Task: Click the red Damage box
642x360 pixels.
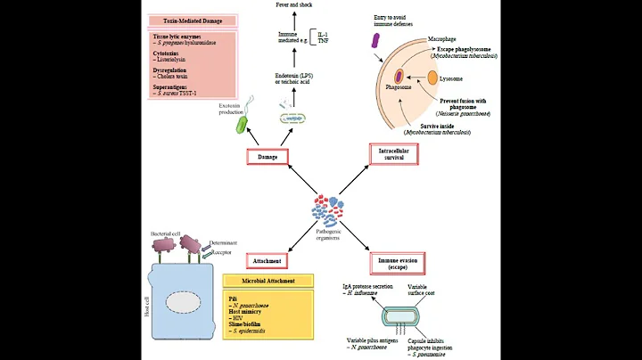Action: [268, 158]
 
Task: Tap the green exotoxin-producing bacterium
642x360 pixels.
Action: [242, 124]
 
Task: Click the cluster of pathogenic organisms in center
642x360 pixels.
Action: [327, 212]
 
